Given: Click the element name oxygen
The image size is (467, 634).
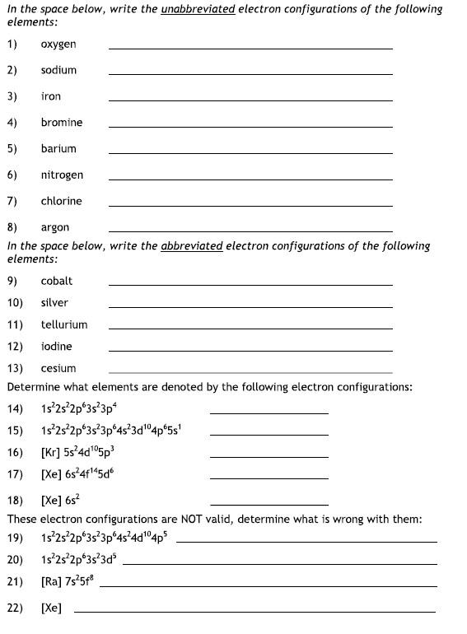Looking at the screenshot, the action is (58, 44).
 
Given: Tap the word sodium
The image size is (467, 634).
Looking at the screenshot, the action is (58, 70).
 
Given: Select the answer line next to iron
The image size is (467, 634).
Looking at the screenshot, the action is (250, 101).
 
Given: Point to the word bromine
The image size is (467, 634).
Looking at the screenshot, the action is (62, 123).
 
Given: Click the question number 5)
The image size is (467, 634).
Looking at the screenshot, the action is (12, 149).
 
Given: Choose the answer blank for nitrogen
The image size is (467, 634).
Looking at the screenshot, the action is (250, 179).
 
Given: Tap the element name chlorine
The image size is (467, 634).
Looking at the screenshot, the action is (61, 201).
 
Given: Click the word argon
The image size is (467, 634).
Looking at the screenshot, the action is (55, 227).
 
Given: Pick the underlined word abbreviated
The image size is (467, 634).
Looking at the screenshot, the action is (192, 245).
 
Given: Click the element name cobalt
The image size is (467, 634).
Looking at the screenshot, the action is (57, 281).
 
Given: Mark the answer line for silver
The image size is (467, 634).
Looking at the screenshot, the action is (250, 307).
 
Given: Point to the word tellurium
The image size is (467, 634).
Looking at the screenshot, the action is (64, 324).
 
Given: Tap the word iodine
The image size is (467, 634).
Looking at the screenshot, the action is (57, 347).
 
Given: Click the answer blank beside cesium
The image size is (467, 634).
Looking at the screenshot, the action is (250, 373).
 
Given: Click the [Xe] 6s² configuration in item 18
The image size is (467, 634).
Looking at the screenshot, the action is (60, 500).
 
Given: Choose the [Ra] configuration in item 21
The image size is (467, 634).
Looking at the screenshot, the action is (68, 581).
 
